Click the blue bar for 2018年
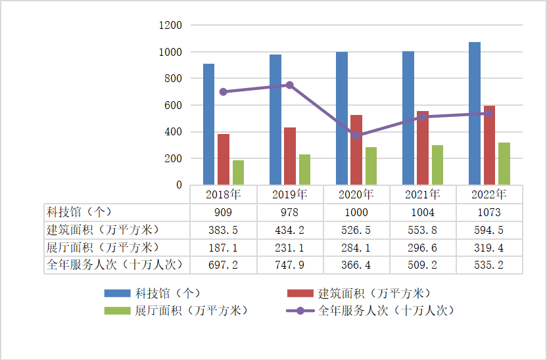[x=208, y=124]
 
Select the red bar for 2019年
[x=290, y=156]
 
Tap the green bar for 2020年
[x=371, y=166]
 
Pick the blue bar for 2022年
[x=475, y=113]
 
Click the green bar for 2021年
[x=437, y=165]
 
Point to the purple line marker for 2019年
[x=289, y=85]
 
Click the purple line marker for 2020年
[x=356, y=136]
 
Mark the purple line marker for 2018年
[x=224, y=92]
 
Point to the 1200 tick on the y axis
[x=170, y=26]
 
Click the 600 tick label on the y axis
[x=173, y=105]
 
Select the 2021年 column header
[x=423, y=194]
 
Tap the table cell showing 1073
[x=489, y=212]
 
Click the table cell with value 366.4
[x=356, y=265]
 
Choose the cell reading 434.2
[x=289, y=230]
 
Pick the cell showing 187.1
[x=224, y=248]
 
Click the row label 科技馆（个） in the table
[x=80, y=212]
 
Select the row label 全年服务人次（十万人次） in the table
[x=115, y=265]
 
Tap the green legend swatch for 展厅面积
[x=117, y=311]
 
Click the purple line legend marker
[x=300, y=311]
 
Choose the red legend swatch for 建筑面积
[x=300, y=293]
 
